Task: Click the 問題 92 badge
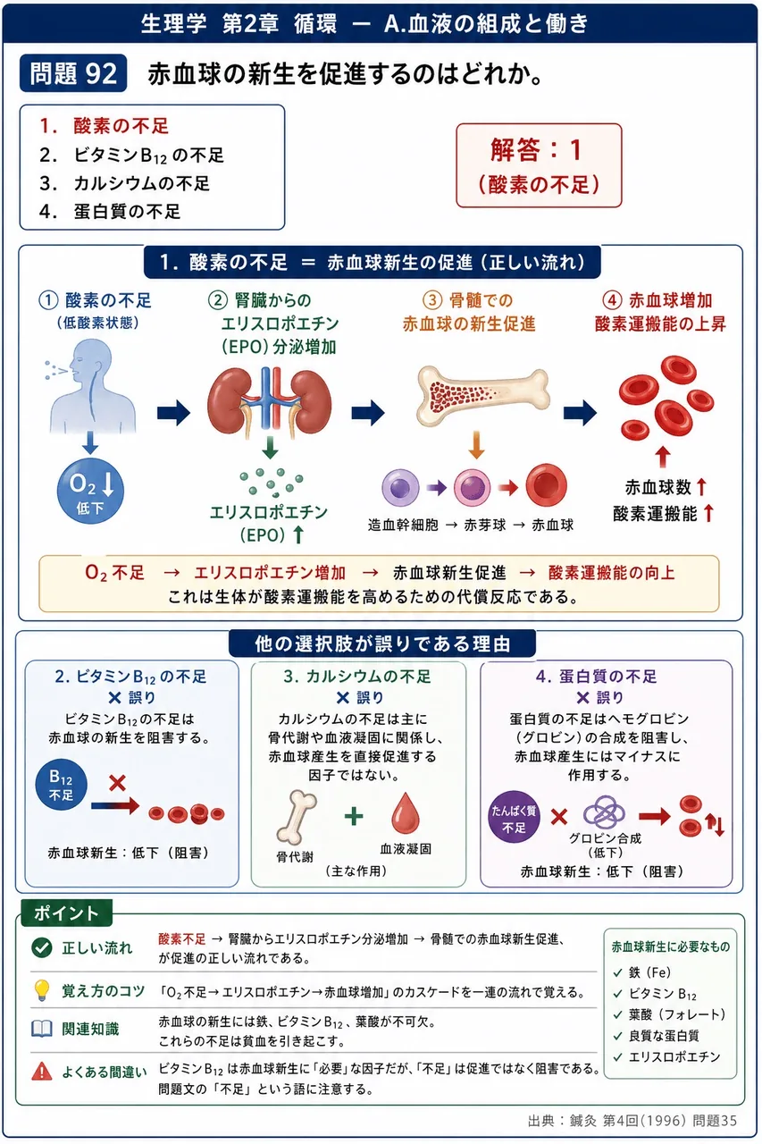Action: point(73,73)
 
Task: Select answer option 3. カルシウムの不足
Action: point(124,183)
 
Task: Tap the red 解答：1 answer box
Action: point(539,165)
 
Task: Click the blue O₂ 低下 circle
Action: point(90,491)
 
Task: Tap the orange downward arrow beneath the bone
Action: point(475,444)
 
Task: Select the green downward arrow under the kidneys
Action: point(270,448)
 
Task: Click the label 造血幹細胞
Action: point(403,525)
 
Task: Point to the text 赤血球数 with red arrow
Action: point(665,487)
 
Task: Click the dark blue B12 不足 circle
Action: point(62,786)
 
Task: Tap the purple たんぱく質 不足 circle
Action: point(514,817)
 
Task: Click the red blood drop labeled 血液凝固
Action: point(406,812)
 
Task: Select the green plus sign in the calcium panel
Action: point(354,816)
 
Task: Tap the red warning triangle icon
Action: point(41,1072)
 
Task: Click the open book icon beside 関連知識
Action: point(41,1029)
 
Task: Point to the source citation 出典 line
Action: point(632,1121)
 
